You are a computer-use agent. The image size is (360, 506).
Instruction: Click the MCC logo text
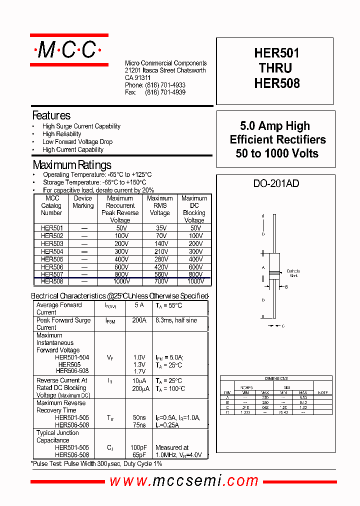[x=68, y=49]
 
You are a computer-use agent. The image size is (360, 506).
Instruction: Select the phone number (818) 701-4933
[x=165, y=85]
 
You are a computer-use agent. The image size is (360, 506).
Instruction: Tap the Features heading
[x=51, y=115]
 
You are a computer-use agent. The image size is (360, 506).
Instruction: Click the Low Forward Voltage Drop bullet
[x=77, y=142]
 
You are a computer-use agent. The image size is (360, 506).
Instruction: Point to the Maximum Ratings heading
[x=72, y=164]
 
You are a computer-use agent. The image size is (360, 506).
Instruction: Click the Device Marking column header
[x=83, y=202]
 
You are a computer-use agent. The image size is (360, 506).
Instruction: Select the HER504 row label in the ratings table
[x=52, y=251]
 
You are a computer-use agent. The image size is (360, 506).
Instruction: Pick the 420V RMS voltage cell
[x=160, y=267]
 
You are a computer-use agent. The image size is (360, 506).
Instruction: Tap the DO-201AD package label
[x=276, y=183]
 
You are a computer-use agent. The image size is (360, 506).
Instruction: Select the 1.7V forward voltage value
[x=139, y=371]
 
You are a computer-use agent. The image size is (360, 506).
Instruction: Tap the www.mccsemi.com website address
[x=183, y=481]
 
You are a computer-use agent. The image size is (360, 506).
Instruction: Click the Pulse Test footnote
[x=97, y=464]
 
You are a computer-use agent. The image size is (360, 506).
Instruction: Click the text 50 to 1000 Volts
[x=276, y=153]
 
